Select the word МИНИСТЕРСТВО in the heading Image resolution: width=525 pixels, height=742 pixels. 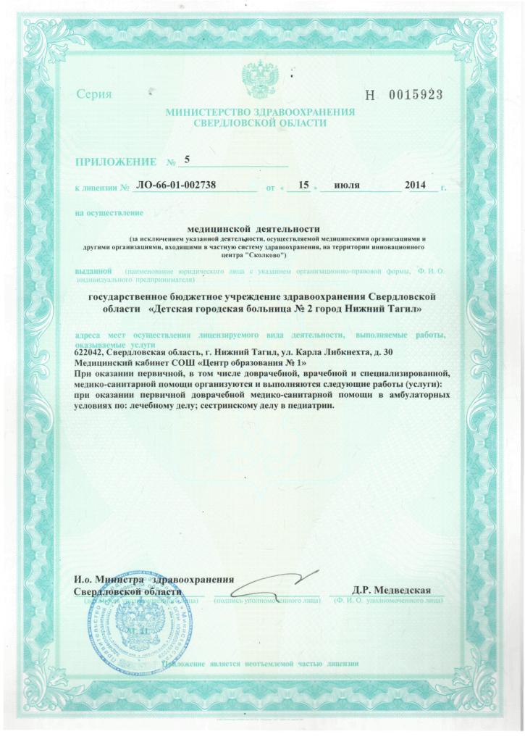[x=206, y=113]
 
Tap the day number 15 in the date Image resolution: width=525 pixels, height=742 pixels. [x=304, y=186]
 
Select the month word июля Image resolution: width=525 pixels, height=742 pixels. [x=348, y=186]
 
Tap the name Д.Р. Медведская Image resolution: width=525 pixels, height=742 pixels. [x=392, y=590]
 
